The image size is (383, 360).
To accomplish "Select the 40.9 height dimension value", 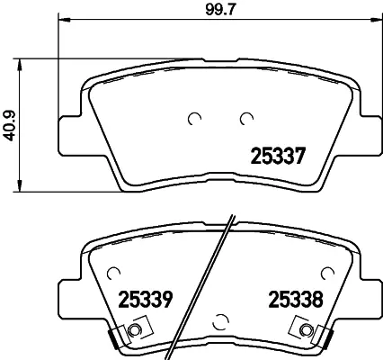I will [x=10, y=122].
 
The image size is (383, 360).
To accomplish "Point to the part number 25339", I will [x=143, y=298].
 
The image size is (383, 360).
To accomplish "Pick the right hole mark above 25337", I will [x=245, y=117].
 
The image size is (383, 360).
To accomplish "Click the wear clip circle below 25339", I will [x=135, y=333].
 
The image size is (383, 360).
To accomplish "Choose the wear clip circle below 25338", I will [x=303, y=333].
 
